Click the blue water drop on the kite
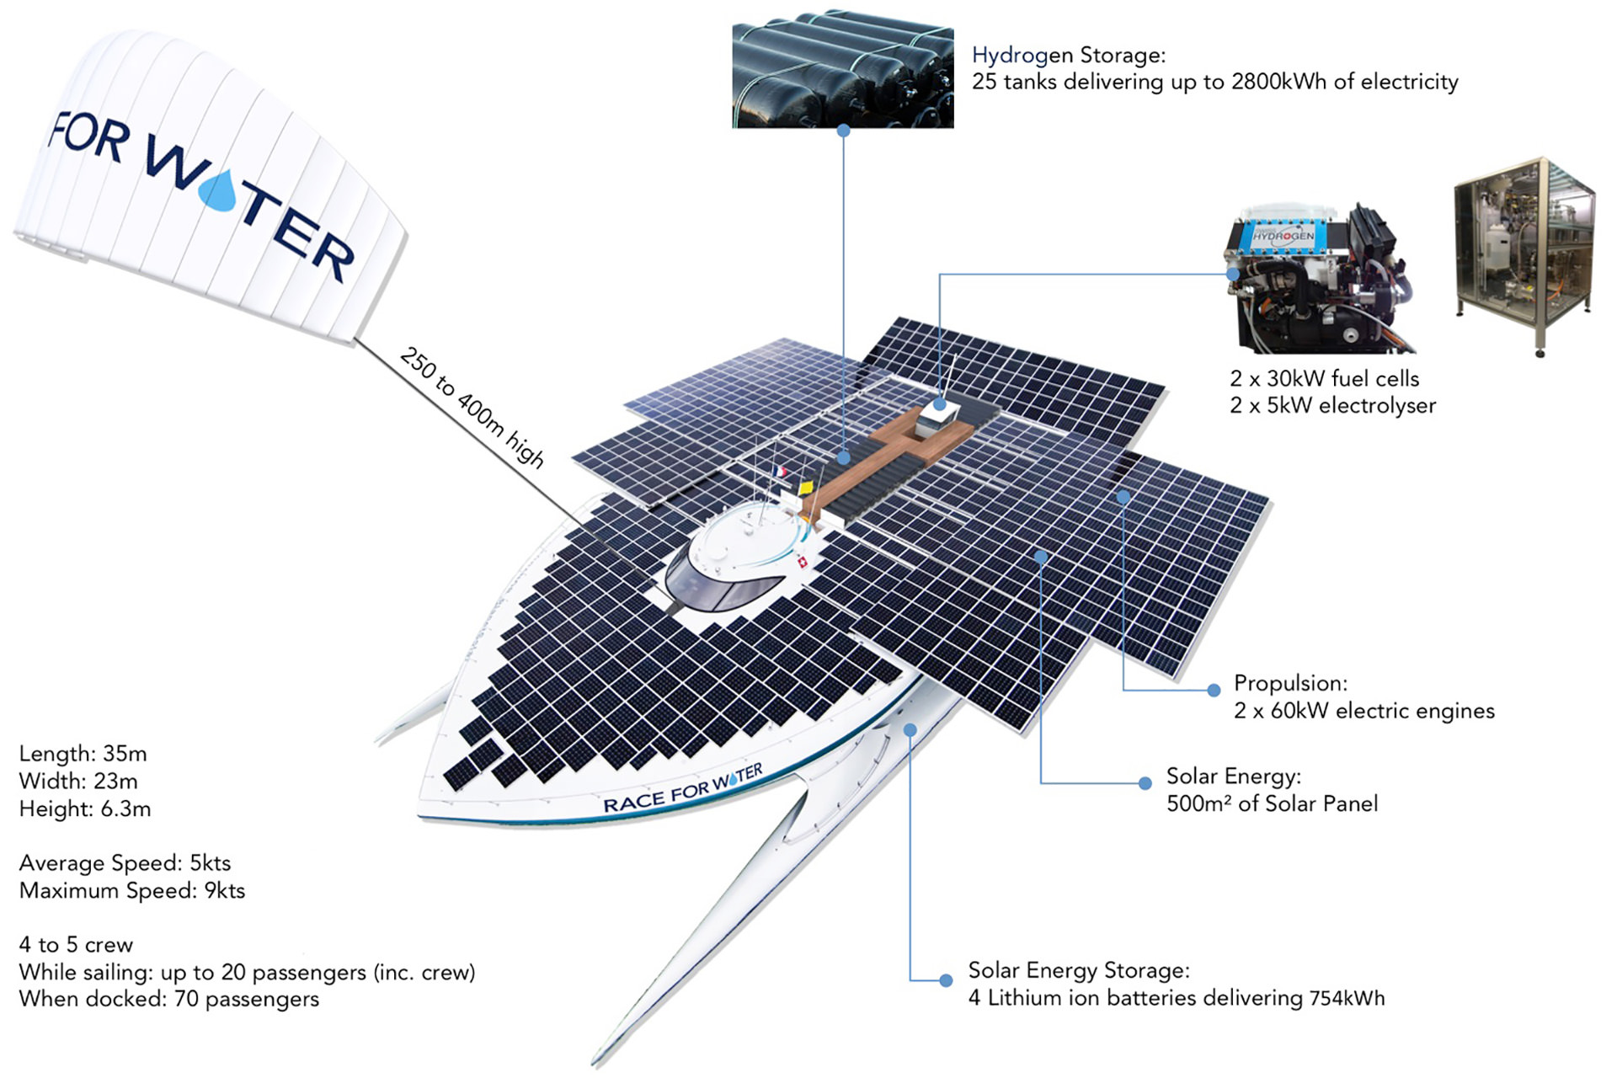(221, 190)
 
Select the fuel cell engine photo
(1320, 278)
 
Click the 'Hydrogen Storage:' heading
(1069, 56)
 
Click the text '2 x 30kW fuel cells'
(1324, 379)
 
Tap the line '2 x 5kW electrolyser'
(1332, 406)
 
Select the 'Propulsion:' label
(1290, 683)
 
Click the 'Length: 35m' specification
(83, 754)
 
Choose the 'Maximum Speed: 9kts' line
(132, 891)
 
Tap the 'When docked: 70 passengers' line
(169, 1000)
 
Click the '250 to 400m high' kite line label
(472, 407)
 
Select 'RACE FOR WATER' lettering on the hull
(683, 788)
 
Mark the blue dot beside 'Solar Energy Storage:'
(946, 980)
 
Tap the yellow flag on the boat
(805, 487)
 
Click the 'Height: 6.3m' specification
(85, 809)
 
